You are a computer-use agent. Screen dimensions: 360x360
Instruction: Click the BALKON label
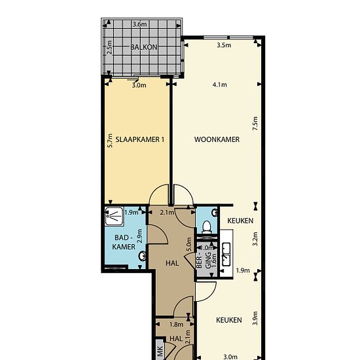(144, 47)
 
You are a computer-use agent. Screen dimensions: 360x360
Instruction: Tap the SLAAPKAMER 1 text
(140, 139)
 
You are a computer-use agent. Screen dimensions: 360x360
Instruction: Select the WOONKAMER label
(217, 139)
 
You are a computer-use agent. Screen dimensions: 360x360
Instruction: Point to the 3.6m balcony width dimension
(139, 24)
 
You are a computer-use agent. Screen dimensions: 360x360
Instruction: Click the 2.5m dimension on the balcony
(110, 47)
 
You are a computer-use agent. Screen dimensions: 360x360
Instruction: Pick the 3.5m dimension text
(224, 45)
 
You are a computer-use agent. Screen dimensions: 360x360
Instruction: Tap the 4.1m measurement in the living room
(219, 84)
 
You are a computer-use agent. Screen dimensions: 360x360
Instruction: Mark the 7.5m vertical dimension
(255, 124)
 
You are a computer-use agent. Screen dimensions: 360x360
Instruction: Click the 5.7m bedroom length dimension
(110, 141)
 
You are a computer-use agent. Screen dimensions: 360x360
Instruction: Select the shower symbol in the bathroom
(114, 216)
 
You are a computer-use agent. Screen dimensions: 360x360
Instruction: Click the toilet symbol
(207, 227)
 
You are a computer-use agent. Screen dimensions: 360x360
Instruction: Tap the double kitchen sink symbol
(226, 254)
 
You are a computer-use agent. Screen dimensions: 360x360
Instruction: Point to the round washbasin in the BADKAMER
(143, 256)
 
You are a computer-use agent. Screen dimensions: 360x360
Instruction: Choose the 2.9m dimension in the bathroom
(140, 236)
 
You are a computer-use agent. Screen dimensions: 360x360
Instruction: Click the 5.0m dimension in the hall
(189, 244)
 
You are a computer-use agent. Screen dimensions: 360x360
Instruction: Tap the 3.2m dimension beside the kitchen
(255, 239)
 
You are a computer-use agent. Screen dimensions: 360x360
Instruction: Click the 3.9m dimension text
(255, 318)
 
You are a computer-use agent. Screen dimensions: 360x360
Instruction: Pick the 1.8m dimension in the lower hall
(176, 325)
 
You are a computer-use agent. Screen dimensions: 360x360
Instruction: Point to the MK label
(160, 351)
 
